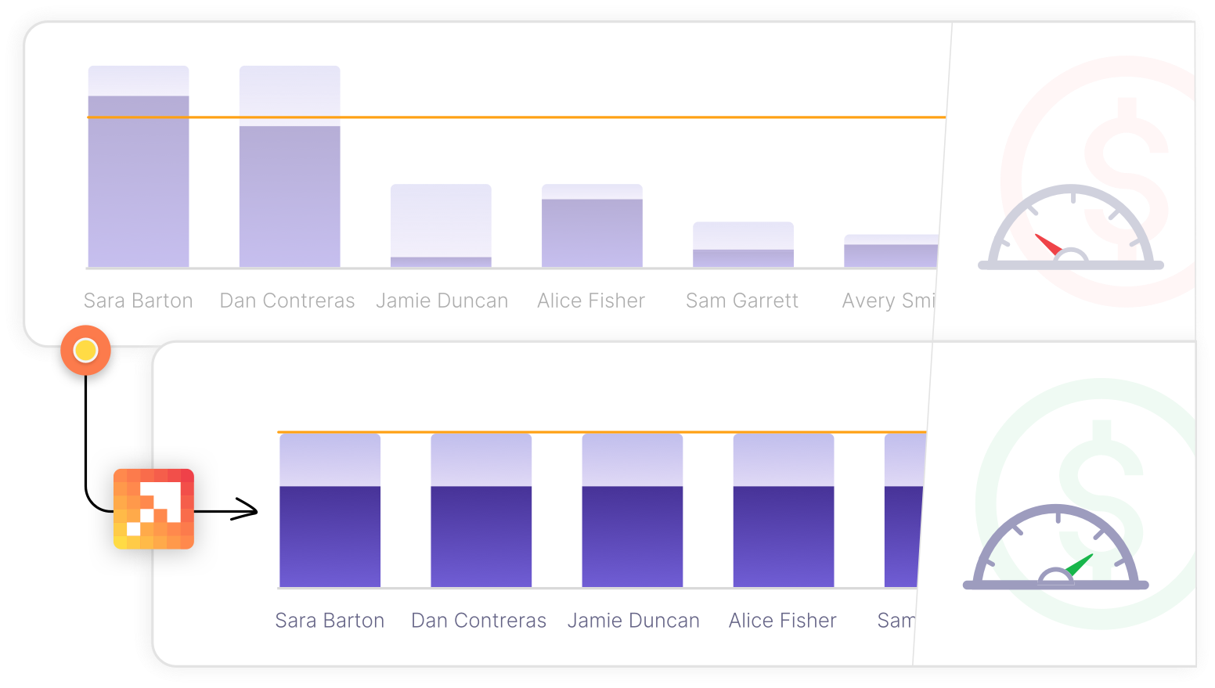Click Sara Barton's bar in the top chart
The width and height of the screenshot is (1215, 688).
[139, 180]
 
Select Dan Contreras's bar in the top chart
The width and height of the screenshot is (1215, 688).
[290, 196]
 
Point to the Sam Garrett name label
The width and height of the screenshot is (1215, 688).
[742, 301]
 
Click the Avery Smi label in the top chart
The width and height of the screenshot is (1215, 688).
[889, 301]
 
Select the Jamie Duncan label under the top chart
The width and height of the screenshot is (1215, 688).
[442, 301]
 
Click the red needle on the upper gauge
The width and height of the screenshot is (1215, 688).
[1047, 244]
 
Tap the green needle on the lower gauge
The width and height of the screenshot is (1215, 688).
[1080, 565]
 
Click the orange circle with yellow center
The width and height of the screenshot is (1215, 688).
[85, 350]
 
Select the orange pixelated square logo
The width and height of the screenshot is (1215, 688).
[153, 509]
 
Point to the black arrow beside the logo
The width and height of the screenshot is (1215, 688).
[227, 511]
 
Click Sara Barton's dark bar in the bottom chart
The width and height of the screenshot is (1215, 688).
[330, 536]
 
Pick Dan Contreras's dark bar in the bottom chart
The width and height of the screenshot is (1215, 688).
[481, 536]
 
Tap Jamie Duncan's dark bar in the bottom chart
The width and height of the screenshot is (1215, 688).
[632, 536]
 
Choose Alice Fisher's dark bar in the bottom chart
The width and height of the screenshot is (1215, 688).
[783, 536]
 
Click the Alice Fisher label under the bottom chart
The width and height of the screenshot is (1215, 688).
[783, 621]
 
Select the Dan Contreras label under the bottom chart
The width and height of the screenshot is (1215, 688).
[479, 621]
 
